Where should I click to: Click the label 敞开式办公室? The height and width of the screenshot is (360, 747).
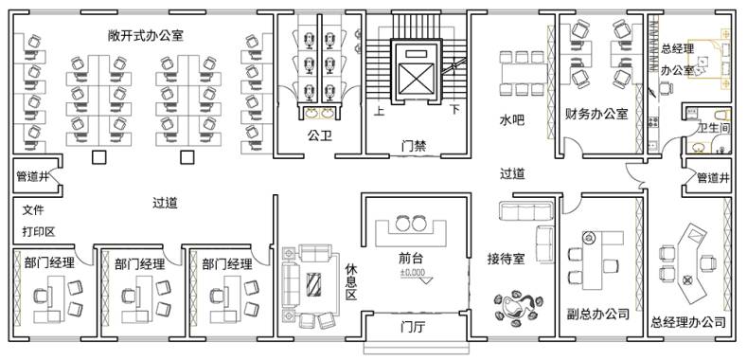pyautogui.click(x=146, y=35)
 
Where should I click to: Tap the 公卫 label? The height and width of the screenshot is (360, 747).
pyautogui.click(x=320, y=136)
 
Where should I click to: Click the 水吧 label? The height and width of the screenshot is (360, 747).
pyautogui.click(x=511, y=120)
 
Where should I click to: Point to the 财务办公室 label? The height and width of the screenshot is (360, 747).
pyautogui.click(x=596, y=114)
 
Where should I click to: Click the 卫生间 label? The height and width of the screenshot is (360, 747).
pyautogui.click(x=713, y=128)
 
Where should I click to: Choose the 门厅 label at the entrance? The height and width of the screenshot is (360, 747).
pyautogui.click(x=413, y=328)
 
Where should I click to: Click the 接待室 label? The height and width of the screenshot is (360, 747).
pyautogui.click(x=506, y=259)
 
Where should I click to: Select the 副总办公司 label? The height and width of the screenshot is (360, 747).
pyautogui.click(x=598, y=315)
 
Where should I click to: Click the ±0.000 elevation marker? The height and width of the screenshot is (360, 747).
pyautogui.click(x=412, y=273)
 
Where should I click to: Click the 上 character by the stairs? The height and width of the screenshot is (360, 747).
pyautogui.click(x=380, y=112)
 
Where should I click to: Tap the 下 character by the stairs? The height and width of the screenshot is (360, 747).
pyautogui.click(x=455, y=110)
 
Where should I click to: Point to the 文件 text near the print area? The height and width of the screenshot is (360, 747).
pyautogui.click(x=33, y=209)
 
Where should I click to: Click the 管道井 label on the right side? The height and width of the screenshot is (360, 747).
pyautogui.click(x=713, y=178)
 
